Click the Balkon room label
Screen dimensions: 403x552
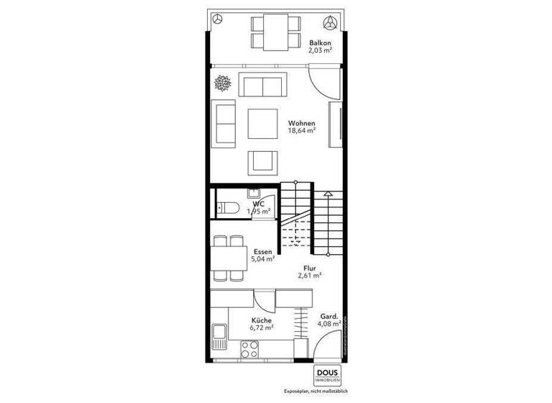click(320, 42)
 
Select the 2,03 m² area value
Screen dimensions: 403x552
click(320, 51)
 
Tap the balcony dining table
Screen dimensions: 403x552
click(276, 32)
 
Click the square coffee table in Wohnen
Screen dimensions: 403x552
click(262, 123)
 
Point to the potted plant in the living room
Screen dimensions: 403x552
click(222, 83)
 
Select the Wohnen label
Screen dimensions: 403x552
click(301, 122)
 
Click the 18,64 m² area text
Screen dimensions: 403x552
click(301, 131)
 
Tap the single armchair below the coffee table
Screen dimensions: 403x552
click(260, 162)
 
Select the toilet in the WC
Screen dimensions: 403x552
click(229, 209)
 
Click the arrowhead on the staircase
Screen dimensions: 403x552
click(327, 193)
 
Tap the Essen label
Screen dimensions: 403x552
click(262, 251)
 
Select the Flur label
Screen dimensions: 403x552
click(310, 267)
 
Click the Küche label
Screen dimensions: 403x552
click(262, 320)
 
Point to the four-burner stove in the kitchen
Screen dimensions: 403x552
click(249, 349)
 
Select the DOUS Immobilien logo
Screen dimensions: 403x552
click(329, 376)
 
